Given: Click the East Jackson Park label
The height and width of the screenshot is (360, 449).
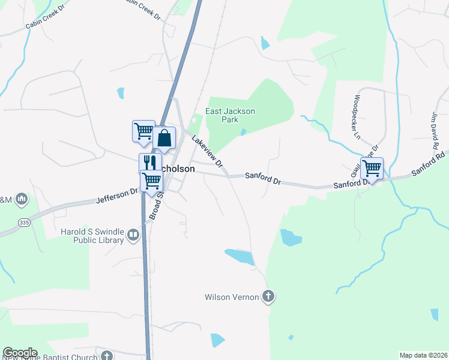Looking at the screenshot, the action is tap(231, 115).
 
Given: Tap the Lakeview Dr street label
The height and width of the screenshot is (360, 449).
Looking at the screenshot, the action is tap(207, 151).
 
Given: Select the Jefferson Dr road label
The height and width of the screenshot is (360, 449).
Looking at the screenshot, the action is tap(116, 196).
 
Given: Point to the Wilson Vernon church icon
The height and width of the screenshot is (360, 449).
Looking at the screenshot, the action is tap(268, 296).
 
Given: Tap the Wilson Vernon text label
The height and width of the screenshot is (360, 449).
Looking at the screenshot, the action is tap(232, 296).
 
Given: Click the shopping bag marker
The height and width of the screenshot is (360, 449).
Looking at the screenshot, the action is tap(164, 138).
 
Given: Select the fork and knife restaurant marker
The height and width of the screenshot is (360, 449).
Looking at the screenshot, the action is tap(149, 163).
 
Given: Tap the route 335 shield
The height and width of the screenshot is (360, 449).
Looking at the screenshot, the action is tap(24, 222).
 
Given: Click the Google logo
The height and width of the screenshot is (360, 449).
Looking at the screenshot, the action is tap(20, 353).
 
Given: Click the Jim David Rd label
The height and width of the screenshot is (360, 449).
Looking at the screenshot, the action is tap(434, 130).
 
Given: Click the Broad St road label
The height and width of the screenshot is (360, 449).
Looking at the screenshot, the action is tap(156, 205).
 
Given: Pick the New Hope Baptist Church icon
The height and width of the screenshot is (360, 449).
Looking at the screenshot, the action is tap(107, 355).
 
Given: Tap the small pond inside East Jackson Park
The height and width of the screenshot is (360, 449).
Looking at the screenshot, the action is tap(243, 132).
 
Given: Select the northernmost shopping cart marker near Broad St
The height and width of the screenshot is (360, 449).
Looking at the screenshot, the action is tap(143, 130).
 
